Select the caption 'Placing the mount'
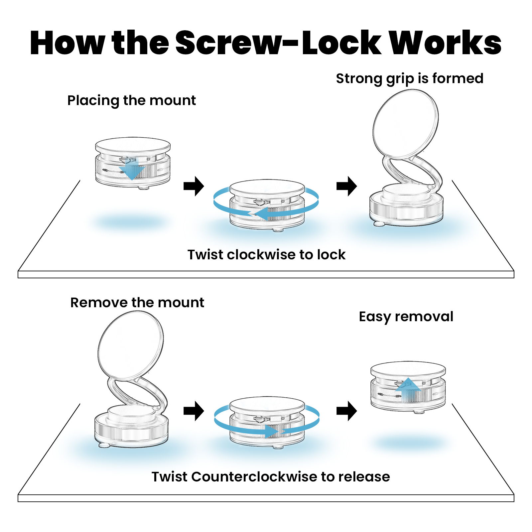pos(131,100)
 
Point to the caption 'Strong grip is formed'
pos(409,79)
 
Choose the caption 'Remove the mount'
pos(137,303)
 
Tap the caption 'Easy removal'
pos(406,317)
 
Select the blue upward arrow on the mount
pos(408,387)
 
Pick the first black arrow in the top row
pos(194,186)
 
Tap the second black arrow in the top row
pos(347,186)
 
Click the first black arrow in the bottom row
pos(194,411)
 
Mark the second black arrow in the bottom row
pos(347,411)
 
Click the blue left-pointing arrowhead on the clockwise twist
pos(263,213)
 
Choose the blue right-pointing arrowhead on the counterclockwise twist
pos(273,431)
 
